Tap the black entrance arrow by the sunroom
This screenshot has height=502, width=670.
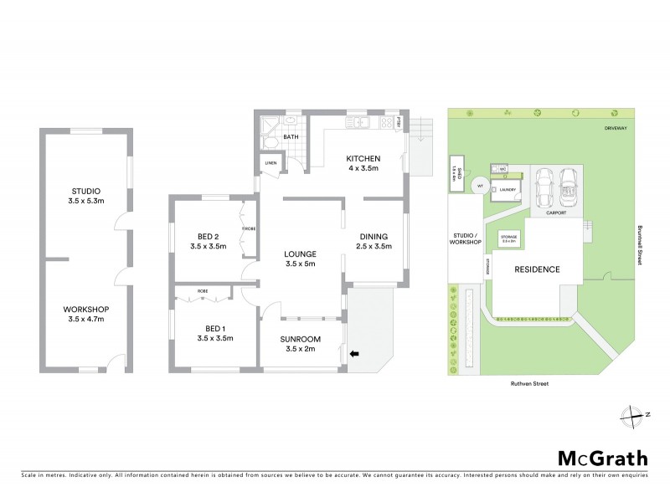(x=354, y=354)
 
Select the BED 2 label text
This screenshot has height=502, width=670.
(x=209, y=236)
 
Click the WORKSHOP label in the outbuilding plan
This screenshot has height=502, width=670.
(x=86, y=309)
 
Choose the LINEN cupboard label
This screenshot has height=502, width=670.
(x=271, y=162)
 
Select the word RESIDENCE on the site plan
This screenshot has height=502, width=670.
(x=537, y=269)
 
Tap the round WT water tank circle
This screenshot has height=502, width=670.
(x=480, y=186)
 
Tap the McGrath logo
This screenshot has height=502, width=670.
(x=603, y=458)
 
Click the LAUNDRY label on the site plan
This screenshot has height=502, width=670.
(x=505, y=189)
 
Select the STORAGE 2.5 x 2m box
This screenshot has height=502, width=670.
(x=508, y=238)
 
